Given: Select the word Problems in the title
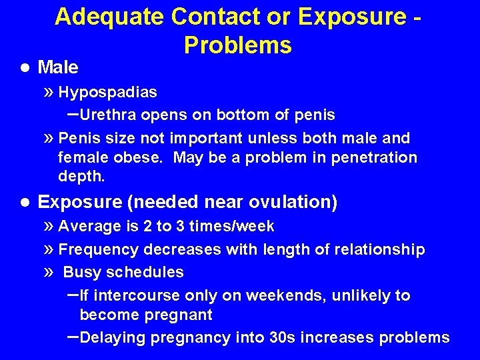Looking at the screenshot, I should click(238, 45).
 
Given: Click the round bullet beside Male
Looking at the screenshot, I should click(25, 67).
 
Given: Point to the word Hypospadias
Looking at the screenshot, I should click(108, 92).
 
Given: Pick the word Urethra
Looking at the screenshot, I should click(108, 115).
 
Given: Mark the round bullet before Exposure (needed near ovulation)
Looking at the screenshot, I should click(25, 202).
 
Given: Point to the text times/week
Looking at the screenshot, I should click(231, 227).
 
